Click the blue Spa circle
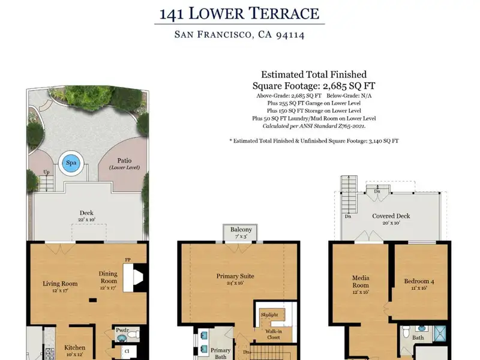(x=71, y=163)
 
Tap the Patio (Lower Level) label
(x=124, y=163)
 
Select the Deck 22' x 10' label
(x=86, y=215)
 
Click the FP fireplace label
(x=128, y=260)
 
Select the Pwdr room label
(x=122, y=331)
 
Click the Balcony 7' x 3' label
(x=241, y=232)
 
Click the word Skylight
(x=269, y=314)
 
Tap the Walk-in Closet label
(x=274, y=334)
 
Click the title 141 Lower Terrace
(x=239, y=14)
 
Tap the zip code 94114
(x=290, y=35)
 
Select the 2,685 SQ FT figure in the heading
(x=349, y=86)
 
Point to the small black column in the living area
(x=93, y=301)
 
